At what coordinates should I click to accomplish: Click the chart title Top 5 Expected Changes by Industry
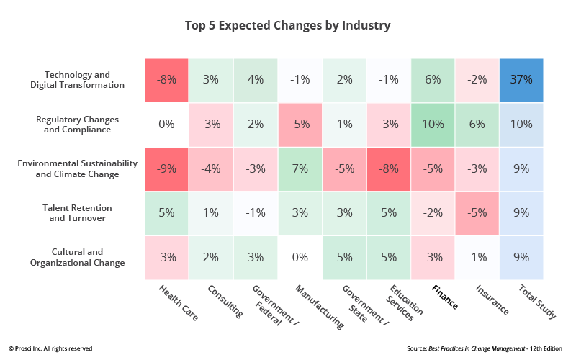pyautogui.click(x=288, y=26)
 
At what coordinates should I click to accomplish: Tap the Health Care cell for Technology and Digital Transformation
pyautogui.click(x=166, y=79)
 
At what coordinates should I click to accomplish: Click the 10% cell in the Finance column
pyautogui.click(x=433, y=124)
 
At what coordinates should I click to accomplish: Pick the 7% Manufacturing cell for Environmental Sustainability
pyautogui.click(x=300, y=168)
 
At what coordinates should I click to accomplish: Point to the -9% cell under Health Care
pyautogui.click(x=166, y=168)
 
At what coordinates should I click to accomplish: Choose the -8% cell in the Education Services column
pyautogui.click(x=389, y=168)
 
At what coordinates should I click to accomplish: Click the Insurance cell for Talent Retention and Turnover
pyautogui.click(x=477, y=212)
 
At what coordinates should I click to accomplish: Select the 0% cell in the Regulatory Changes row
pyautogui.click(x=166, y=124)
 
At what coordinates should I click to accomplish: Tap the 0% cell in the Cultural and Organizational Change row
pyautogui.click(x=300, y=257)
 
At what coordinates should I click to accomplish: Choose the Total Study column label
pyautogui.click(x=536, y=300)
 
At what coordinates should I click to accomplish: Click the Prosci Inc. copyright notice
pyautogui.click(x=50, y=348)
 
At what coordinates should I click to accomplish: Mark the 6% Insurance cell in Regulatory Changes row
pyautogui.click(x=477, y=124)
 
